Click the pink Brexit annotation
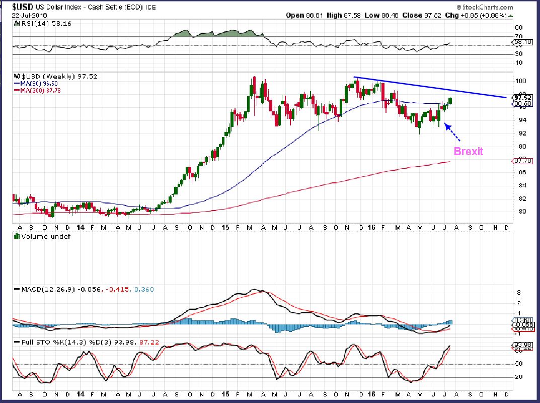(x=468, y=151)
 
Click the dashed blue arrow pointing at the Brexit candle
(x=452, y=132)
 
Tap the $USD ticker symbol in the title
(x=22, y=8)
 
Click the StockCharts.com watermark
(x=488, y=8)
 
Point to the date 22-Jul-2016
(x=30, y=16)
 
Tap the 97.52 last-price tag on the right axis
(x=520, y=97)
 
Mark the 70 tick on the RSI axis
(x=518, y=36)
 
